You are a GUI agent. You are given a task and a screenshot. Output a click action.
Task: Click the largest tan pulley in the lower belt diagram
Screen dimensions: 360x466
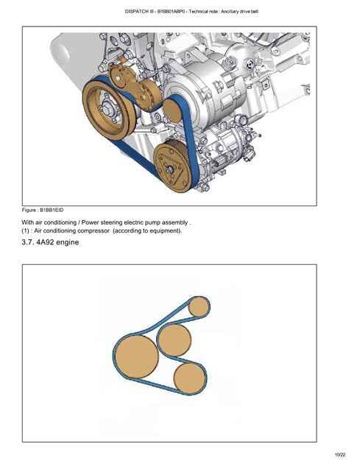click(136, 356)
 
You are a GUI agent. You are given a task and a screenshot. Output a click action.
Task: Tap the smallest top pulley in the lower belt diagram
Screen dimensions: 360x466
click(199, 306)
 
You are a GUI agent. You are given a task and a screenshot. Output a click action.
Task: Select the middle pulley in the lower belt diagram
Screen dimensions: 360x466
click(174, 339)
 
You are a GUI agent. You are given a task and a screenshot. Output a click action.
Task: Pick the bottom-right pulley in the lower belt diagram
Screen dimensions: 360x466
click(189, 378)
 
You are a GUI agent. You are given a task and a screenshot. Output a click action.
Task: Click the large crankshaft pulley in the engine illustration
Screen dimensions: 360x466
click(109, 110)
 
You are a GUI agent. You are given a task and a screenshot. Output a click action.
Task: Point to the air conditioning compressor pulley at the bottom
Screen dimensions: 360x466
click(172, 167)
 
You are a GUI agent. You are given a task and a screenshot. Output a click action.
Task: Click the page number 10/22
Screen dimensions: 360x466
click(340, 455)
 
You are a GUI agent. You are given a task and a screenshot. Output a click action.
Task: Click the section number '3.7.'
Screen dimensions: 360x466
click(28, 242)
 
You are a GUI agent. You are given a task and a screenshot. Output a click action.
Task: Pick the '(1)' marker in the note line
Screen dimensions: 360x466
click(25, 230)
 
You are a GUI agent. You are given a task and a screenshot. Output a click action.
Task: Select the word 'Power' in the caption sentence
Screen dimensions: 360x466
click(90, 222)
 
